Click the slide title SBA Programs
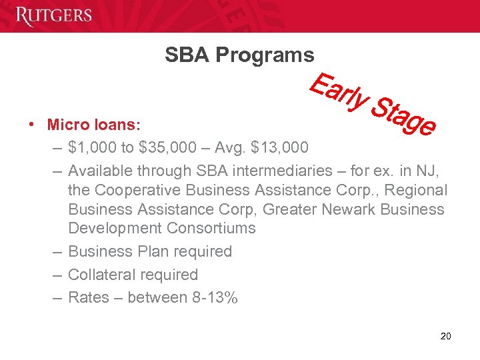pyautogui.click(x=239, y=55)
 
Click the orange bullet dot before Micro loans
pyautogui.click(x=31, y=125)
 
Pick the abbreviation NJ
pyautogui.click(x=424, y=171)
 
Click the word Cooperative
pyautogui.click(x=139, y=190)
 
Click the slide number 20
pyautogui.click(x=446, y=335)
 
